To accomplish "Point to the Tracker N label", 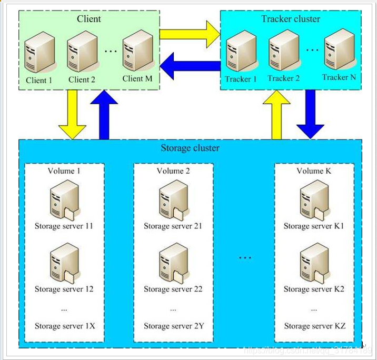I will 339,77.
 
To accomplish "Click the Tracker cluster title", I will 291,19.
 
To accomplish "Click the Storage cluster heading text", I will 190,148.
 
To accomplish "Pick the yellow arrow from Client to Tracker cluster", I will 190,34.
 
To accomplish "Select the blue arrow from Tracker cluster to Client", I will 190,66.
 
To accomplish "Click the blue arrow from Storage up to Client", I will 104,115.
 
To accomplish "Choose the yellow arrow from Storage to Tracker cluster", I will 277,115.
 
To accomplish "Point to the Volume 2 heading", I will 173,171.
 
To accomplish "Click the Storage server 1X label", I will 65,326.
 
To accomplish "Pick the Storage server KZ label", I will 314,326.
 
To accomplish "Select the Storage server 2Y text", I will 173,326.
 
